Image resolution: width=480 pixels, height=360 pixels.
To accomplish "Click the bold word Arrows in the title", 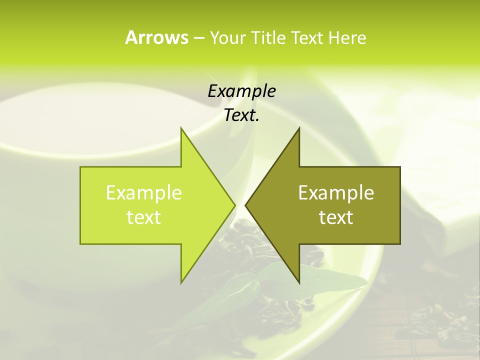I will pos(156,37).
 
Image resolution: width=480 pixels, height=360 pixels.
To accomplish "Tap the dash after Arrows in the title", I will pos(198,38).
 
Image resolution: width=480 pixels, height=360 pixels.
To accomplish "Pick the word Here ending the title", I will pos(347,37).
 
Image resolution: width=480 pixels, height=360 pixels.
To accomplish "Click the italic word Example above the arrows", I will pos(241,91).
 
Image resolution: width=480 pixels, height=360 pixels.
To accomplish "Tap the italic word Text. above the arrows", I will pos(241,115).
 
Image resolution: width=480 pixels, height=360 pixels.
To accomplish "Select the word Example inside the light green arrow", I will pos(143,193).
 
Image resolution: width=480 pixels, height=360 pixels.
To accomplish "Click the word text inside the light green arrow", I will pos(143,217).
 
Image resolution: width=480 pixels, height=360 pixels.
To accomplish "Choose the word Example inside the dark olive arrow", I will pos(336,193).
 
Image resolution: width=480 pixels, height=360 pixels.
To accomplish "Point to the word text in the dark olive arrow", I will pos(336,217).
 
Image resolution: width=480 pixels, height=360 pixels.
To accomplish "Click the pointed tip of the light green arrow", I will pos(234,205).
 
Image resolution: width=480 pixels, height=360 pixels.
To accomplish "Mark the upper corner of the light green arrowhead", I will pos(181,128).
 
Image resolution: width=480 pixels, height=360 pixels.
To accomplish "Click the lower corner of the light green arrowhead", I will pos(181,282).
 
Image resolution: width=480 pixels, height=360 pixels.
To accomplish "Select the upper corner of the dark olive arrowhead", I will pos(299,128).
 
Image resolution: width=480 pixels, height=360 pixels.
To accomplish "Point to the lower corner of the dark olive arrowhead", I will pos(299,282).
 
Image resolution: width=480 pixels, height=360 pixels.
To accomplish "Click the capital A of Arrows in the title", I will pos(131,37).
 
